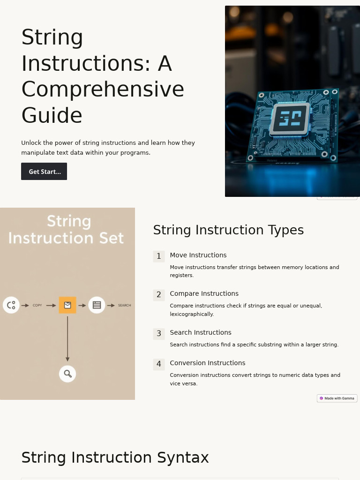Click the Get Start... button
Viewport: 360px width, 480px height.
[44, 172]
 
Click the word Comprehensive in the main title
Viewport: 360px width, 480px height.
[103, 89]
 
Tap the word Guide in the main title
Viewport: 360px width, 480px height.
[52, 115]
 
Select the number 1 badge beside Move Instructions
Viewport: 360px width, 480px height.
[159, 256]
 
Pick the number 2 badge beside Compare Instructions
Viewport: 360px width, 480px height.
[159, 295]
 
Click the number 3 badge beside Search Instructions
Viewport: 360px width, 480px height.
[159, 334]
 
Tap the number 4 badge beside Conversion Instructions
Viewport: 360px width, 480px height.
[159, 364]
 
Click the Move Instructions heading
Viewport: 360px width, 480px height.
[198, 255]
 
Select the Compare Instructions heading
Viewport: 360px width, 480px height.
[204, 294]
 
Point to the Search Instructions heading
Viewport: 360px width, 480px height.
[200, 333]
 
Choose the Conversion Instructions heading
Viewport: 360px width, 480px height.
[207, 363]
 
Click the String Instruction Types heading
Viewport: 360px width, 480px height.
[228, 230]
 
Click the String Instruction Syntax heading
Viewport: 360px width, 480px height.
[115, 457]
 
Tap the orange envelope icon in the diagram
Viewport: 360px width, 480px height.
[67, 305]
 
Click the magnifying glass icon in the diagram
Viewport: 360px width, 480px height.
[67, 374]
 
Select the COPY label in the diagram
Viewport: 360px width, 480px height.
[37, 306]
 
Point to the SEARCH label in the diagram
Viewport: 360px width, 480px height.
[124, 306]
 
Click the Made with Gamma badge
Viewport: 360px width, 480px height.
[337, 398]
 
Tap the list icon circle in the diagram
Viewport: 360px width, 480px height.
[97, 305]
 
